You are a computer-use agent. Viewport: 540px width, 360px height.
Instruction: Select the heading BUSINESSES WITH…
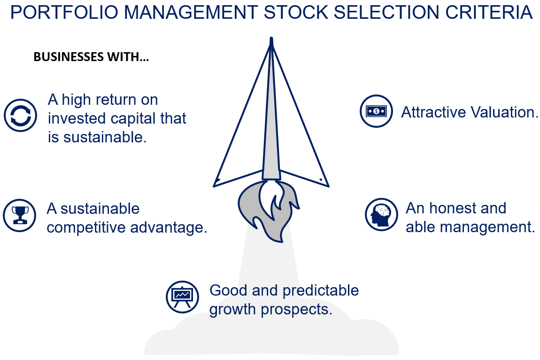[x=91, y=57]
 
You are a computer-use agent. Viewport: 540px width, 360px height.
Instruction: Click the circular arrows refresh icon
[x=20, y=115]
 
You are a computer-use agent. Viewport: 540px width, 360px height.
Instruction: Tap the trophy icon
[x=20, y=215]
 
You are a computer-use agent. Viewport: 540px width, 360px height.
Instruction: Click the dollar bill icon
[x=376, y=111]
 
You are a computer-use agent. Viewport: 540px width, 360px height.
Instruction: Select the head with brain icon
[x=381, y=215]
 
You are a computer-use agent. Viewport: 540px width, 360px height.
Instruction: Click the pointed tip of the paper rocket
[x=271, y=39]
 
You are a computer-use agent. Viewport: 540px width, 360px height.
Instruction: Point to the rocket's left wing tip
[x=215, y=184]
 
